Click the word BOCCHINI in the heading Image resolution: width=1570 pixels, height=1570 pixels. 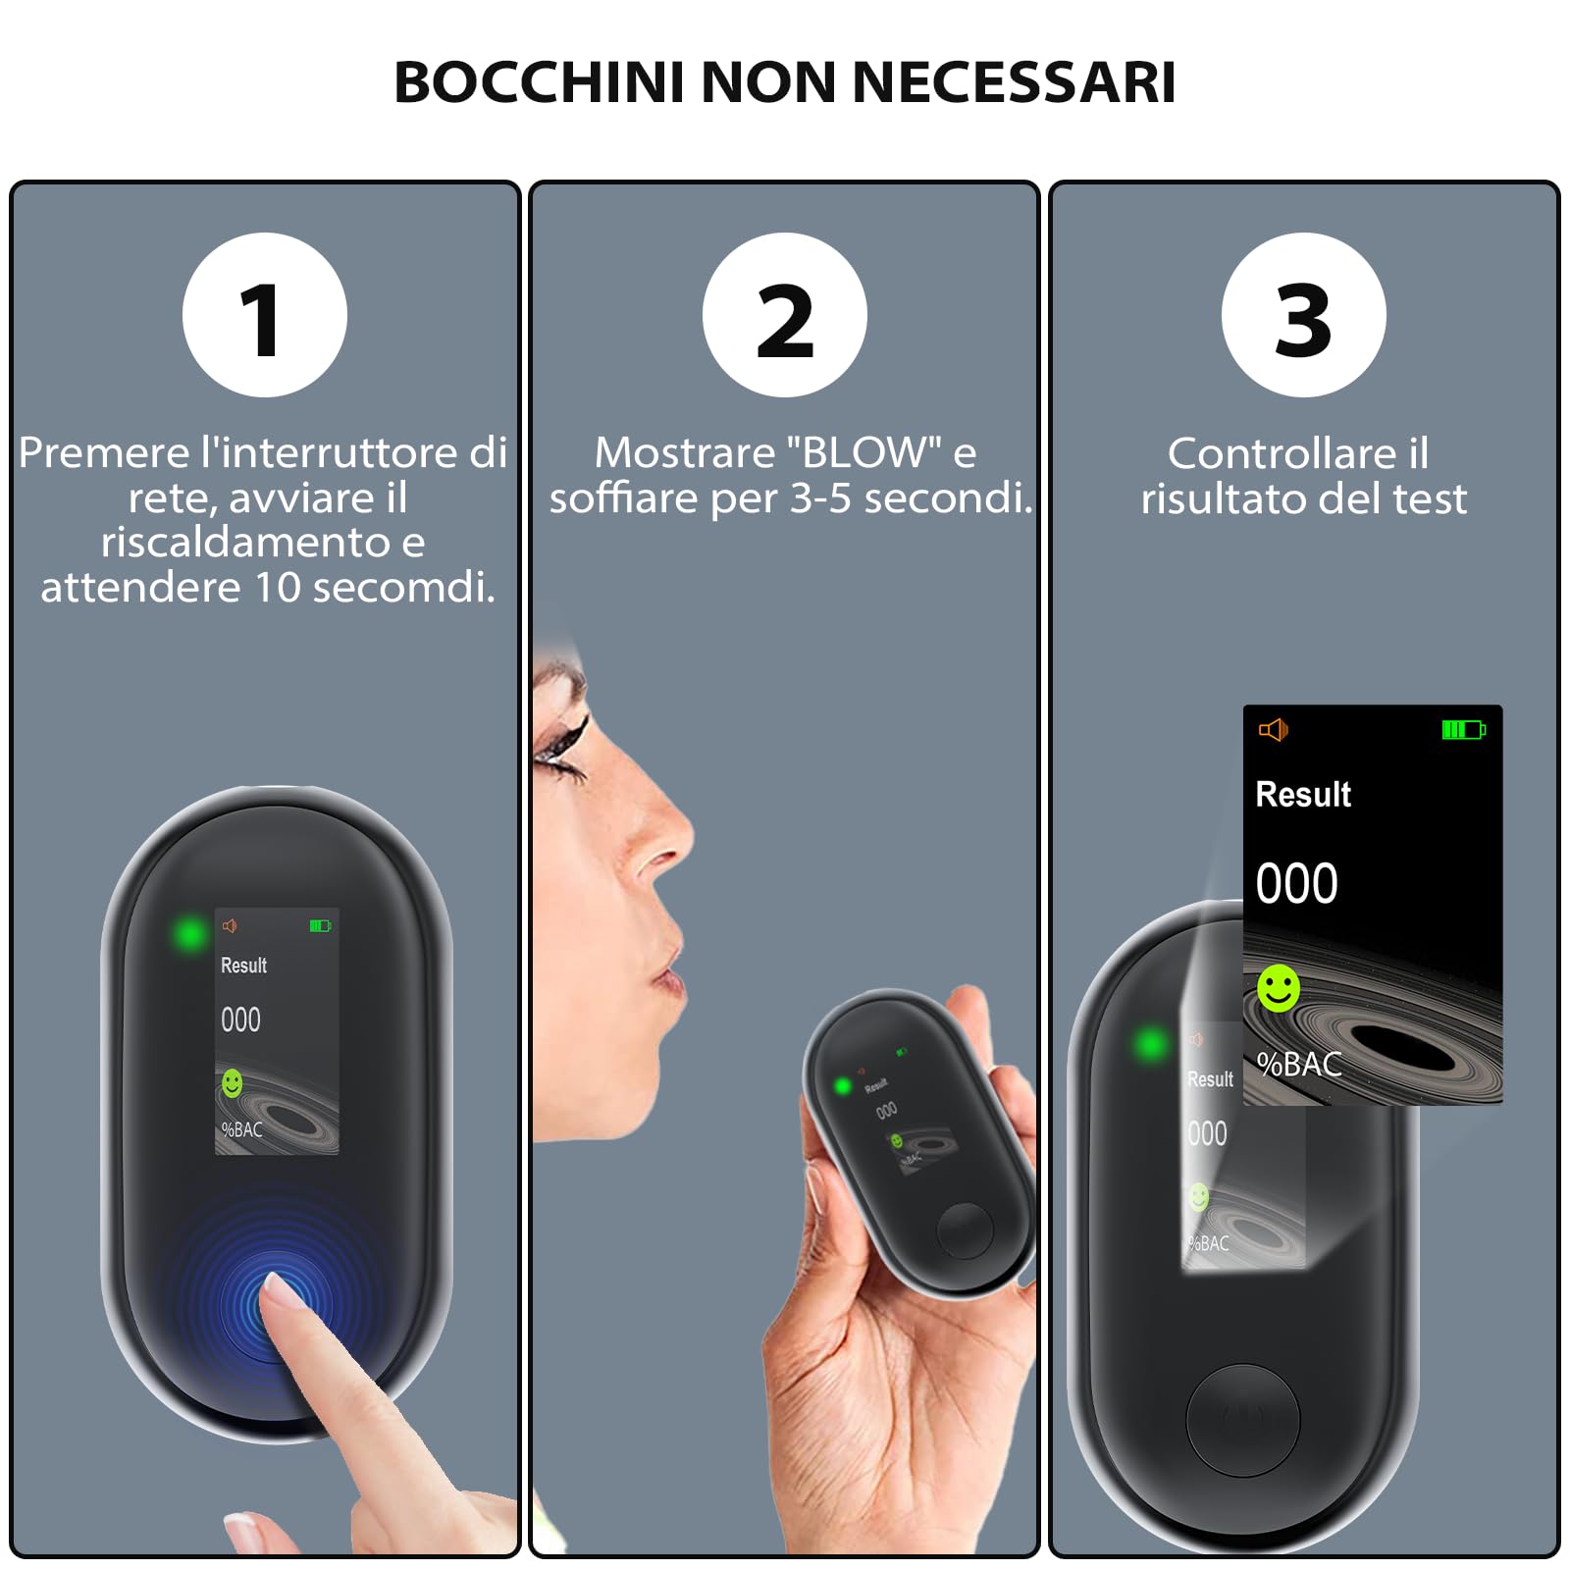[538, 81]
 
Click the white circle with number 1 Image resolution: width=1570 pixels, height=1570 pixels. [264, 315]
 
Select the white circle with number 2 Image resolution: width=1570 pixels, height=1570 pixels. [784, 315]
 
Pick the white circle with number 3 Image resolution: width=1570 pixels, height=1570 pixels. [1303, 315]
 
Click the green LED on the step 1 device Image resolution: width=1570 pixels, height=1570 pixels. [190, 933]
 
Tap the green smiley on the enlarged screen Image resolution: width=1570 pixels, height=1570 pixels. [1278, 988]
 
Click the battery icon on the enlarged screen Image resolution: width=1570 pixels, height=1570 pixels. [1463, 730]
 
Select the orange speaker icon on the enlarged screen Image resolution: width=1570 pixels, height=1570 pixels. [1273, 730]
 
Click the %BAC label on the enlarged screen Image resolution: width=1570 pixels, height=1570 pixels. [1299, 1064]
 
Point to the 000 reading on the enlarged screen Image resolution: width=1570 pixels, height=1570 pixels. [1296, 883]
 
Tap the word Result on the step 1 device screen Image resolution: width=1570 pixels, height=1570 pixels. [243, 966]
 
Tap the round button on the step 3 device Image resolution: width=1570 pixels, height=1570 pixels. [1242, 1419]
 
